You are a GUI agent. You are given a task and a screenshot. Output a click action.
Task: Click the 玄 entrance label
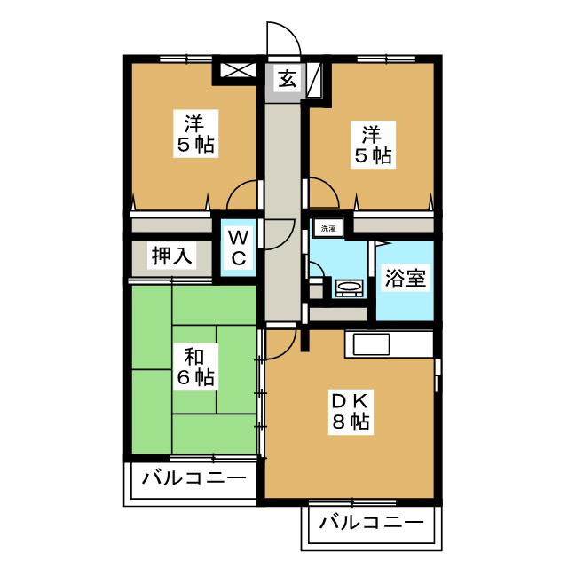click(288, 80)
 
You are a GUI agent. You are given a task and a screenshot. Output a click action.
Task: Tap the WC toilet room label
click(239, 248)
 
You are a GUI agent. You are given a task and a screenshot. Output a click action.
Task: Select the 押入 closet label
click(171, 256)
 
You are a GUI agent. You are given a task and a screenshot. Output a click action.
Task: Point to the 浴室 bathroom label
click(405, 278)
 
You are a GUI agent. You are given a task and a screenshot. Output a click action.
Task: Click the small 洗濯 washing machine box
click(328, 228)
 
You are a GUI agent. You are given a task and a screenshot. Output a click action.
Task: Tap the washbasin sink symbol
click(350, 288)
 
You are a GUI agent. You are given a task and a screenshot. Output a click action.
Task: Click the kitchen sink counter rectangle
click(371, 344)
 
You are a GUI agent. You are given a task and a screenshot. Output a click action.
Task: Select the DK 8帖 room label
click(351, 411)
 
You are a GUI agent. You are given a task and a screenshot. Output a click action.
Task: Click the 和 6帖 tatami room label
click(195, 367)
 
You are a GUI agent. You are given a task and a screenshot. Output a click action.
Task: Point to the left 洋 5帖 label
click(195, 133)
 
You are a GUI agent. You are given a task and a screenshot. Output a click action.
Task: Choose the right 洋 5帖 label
click(373, 145)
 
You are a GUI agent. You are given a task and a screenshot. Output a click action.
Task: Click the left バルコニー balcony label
click(193, 478)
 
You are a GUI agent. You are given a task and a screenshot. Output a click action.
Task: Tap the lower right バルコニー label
click(371, 523)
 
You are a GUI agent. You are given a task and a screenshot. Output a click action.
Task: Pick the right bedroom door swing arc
click(329, 187)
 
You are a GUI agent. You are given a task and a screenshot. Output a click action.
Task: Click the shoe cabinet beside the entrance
click(313, 80)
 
